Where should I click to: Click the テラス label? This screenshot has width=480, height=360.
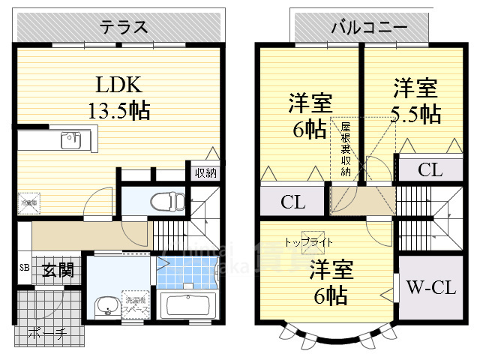coord(121,28)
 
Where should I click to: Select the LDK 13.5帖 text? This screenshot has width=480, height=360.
coord(121,97)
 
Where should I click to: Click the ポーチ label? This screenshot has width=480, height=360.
coord(45,333)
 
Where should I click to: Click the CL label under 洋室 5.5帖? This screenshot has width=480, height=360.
coord(430,170)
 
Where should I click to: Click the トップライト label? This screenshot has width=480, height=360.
coord(308,242)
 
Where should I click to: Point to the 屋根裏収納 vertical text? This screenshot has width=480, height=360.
coord(346,150)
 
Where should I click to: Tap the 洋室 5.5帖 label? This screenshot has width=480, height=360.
coord(415,101)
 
